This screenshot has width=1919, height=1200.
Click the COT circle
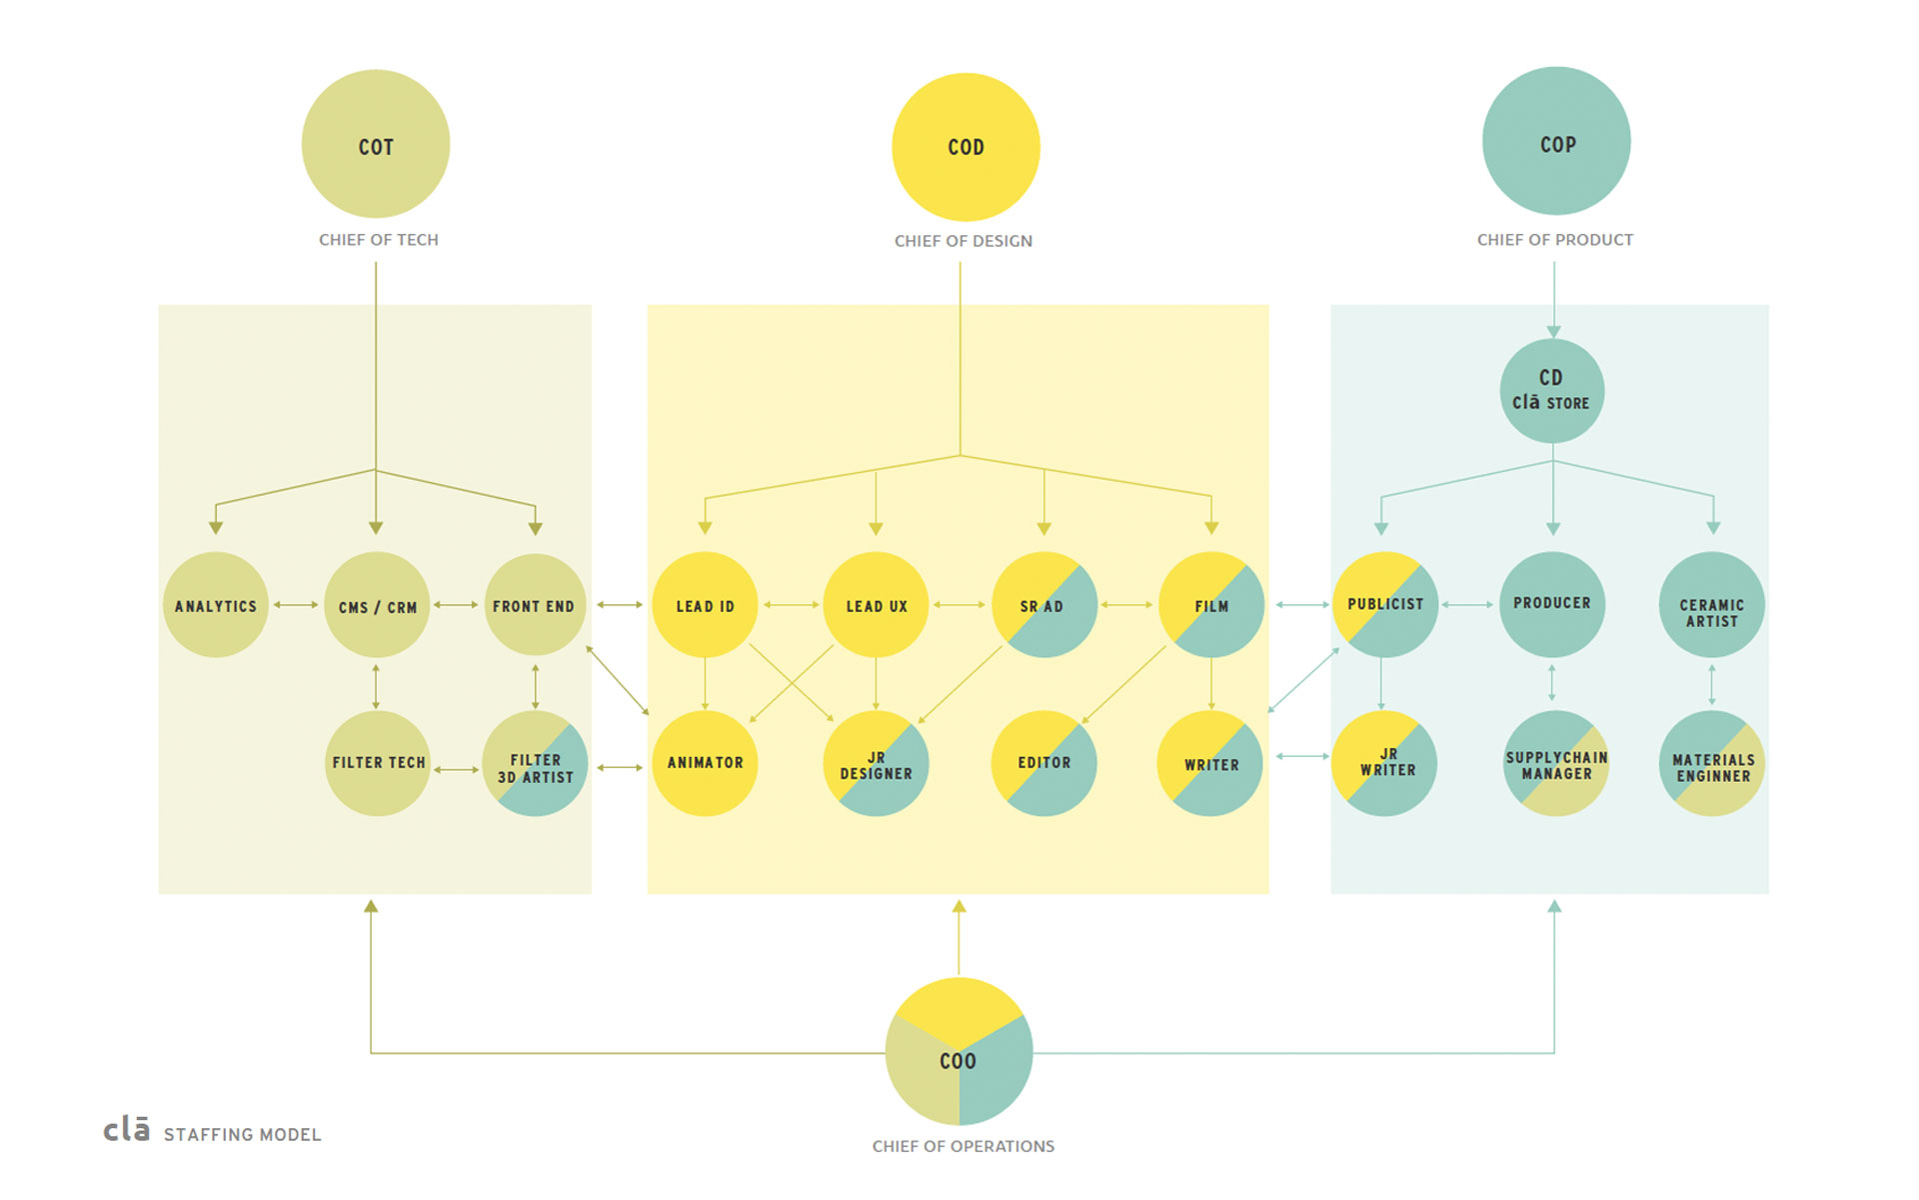click(x=376, y=144)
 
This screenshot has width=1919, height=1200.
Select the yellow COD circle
click(x=965, y=147)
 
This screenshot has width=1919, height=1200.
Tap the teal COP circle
click(x=1556, y=141)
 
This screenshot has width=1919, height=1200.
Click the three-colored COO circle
click(x=959, y=1052)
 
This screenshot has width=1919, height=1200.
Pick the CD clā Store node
click(x=1551, y=391)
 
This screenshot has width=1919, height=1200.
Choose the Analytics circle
click(x=216, y=605)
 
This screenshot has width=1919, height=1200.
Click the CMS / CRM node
click(x=377, y=605)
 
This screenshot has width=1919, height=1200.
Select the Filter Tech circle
click(x=378, y=763)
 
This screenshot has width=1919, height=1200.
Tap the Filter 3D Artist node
click(x=535, y=763)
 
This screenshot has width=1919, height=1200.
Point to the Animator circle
click(x=705, y=763)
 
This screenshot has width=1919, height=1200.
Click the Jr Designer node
click(x=876, y=763)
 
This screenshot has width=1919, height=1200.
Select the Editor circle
click(x=1043, y=763)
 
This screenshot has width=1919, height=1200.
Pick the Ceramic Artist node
click(x=1712, y=605)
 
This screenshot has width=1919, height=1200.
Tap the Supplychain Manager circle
click(x=1556, y=763)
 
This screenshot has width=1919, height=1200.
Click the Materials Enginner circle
click(x=1712, y=763)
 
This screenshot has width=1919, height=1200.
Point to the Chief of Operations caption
click(x=963, y=1146)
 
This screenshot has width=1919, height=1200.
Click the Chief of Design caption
click(x=963, y=241)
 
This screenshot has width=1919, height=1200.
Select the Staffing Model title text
click(x=243, y=1135)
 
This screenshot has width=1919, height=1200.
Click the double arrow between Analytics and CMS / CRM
click(x=296, y=605)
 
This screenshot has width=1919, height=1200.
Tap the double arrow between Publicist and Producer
click(x=1467, y=605)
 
